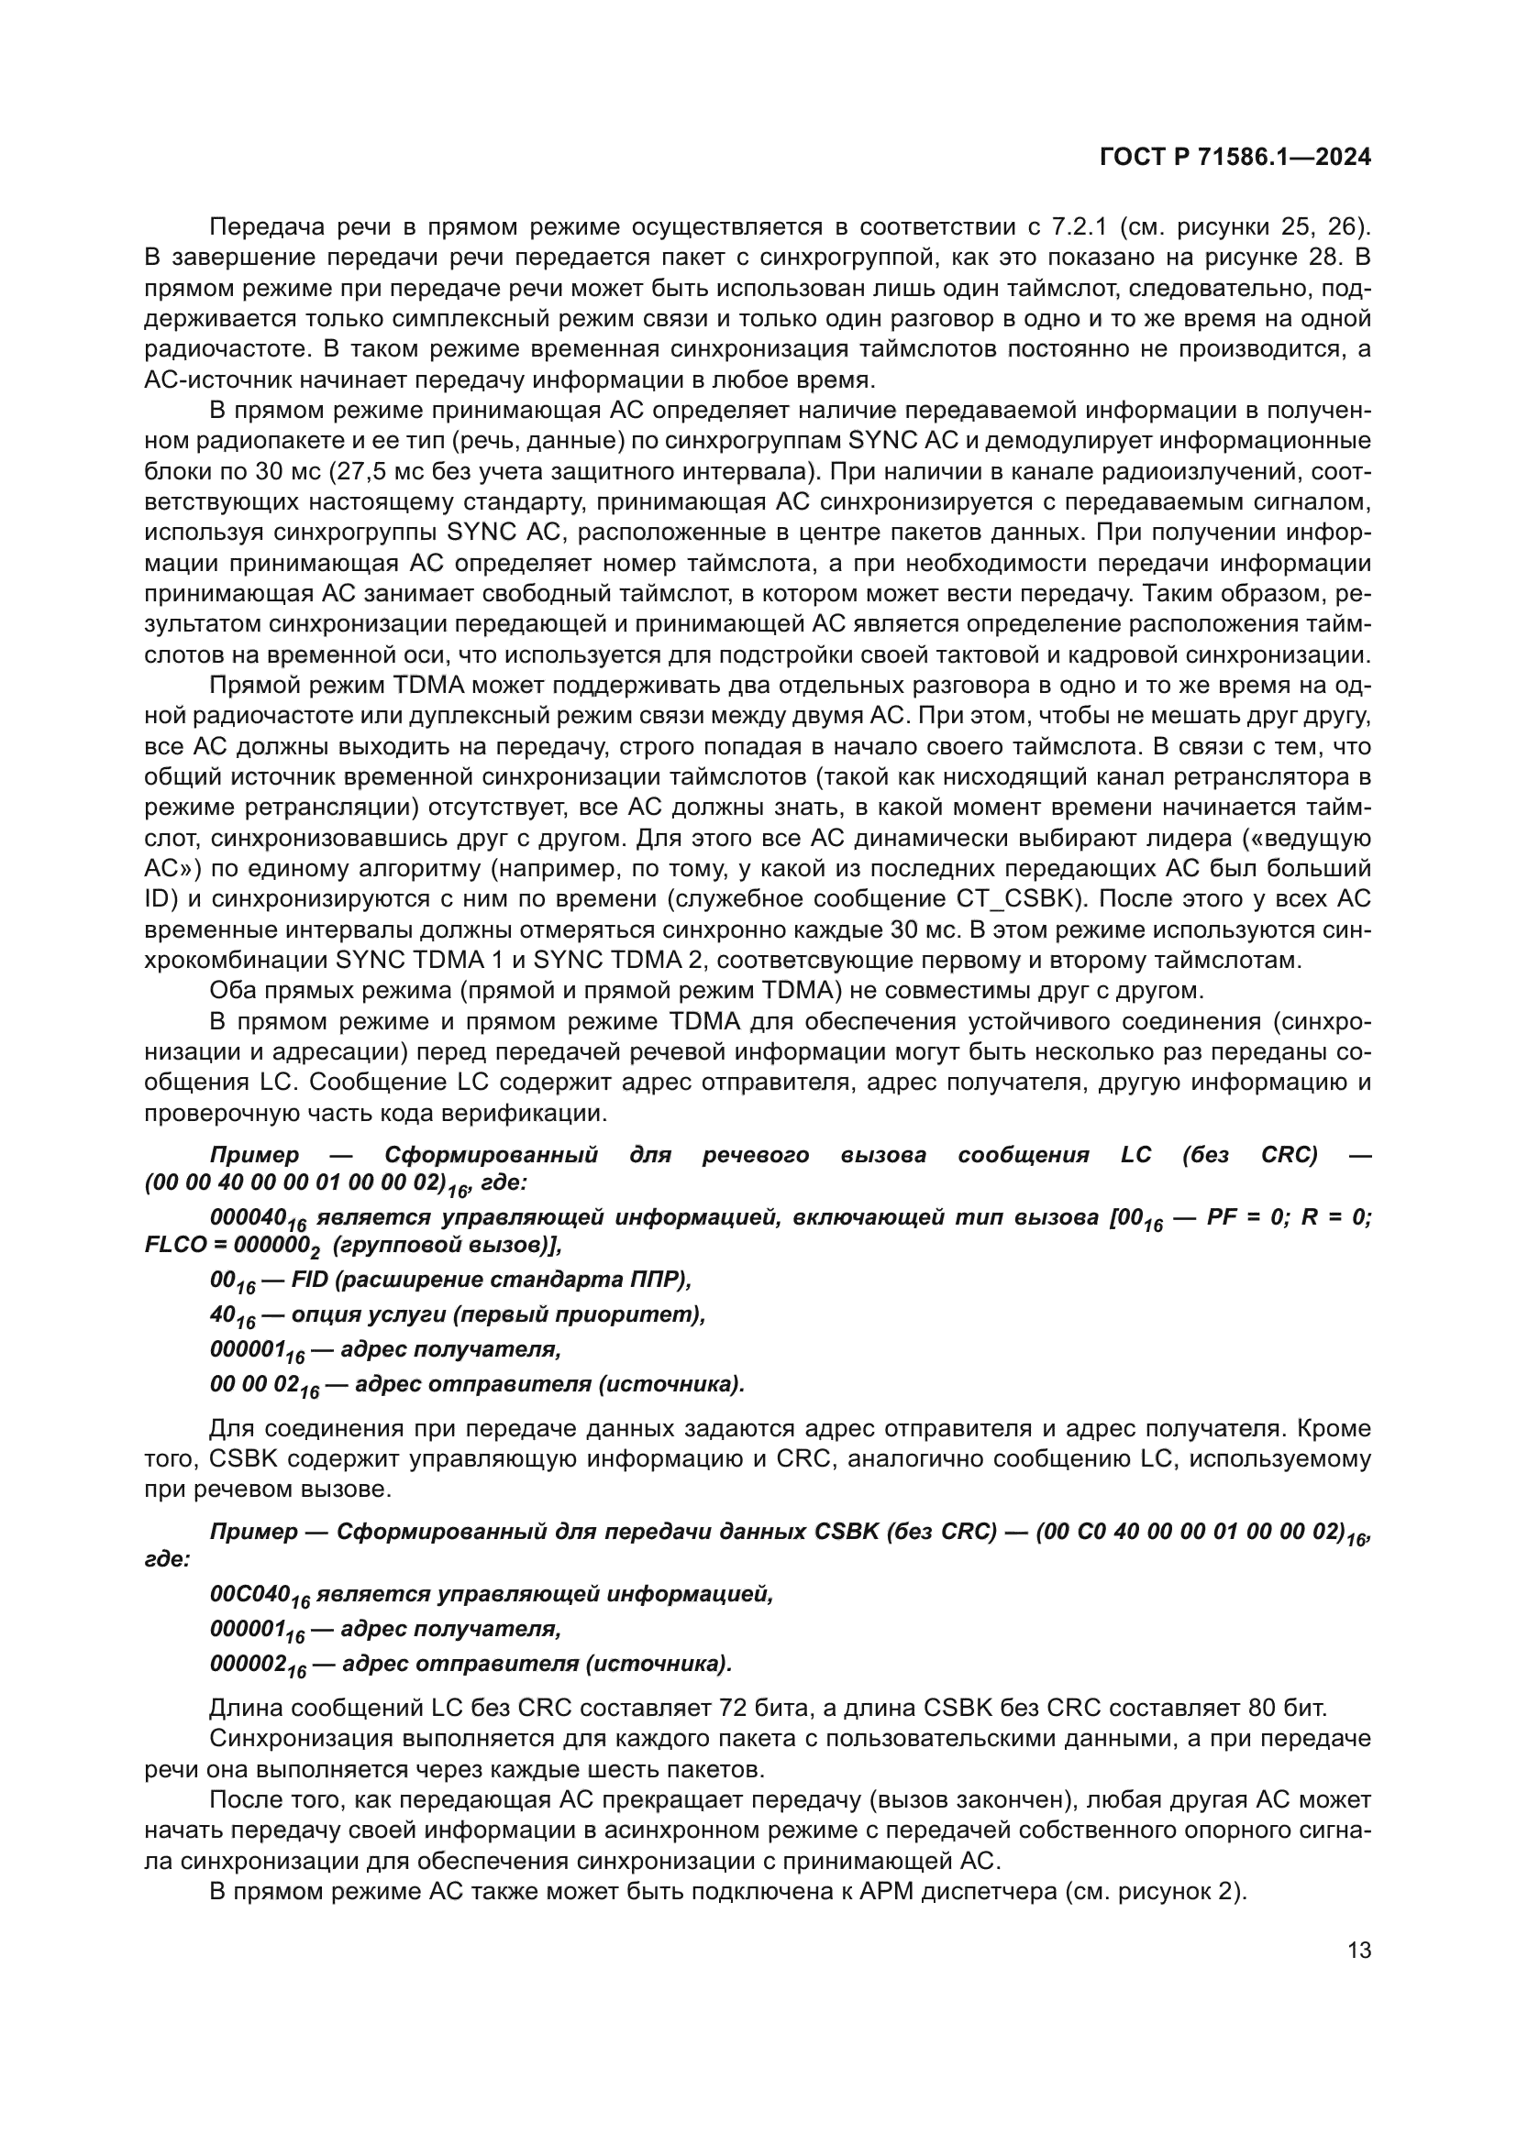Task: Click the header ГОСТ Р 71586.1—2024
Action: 1235,158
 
